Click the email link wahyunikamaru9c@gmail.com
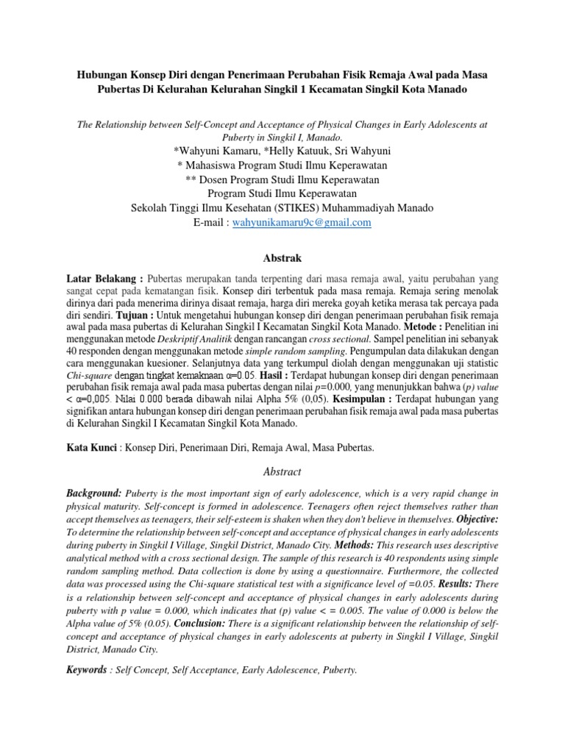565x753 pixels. pyautogui.click(x=301, y=222)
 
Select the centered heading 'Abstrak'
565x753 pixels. pyautogui.click(x=282, y=258)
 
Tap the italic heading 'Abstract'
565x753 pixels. pyautogui.click(x=282, y=471)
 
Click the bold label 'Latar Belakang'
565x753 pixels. pyautogui.click(x=103, y=279)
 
